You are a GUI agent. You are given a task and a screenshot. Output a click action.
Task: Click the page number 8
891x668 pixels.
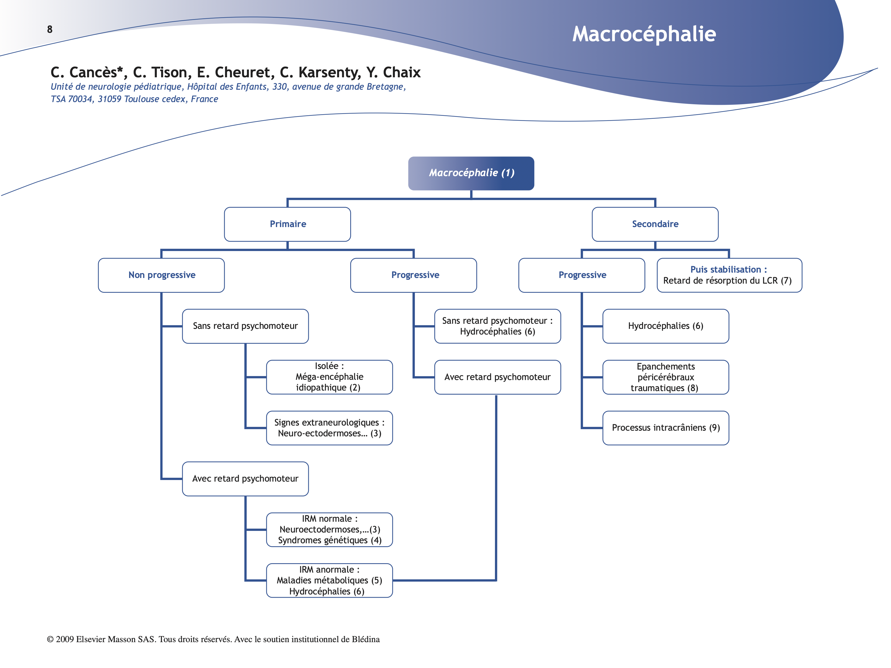click(50, 29)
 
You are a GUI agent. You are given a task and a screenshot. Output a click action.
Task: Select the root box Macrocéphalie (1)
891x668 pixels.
click(471, 173)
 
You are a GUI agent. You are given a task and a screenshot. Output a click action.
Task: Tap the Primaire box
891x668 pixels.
click(287, 224)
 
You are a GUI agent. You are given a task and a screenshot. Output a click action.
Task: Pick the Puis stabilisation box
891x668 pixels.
click(729, 275)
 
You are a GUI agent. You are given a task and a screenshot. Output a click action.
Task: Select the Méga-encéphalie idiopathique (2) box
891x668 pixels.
click(329, 377)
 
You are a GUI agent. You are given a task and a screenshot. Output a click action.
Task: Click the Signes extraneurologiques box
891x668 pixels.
click(329, 428)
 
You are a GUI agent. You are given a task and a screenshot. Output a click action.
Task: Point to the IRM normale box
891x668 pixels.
click(329, 530)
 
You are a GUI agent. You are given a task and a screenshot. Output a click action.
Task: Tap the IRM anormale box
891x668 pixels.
click(329, 580)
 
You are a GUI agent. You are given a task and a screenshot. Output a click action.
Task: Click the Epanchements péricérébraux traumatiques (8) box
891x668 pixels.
click(665, 377)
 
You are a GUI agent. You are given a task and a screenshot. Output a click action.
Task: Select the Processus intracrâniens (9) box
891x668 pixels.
click(665, 428)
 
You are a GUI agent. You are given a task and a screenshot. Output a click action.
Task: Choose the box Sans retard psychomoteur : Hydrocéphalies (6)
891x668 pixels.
click(497, 326)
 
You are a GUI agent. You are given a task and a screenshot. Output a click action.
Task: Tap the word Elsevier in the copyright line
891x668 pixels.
click(91, 639)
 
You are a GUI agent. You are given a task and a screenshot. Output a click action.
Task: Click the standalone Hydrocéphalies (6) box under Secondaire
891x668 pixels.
click(665, 326)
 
